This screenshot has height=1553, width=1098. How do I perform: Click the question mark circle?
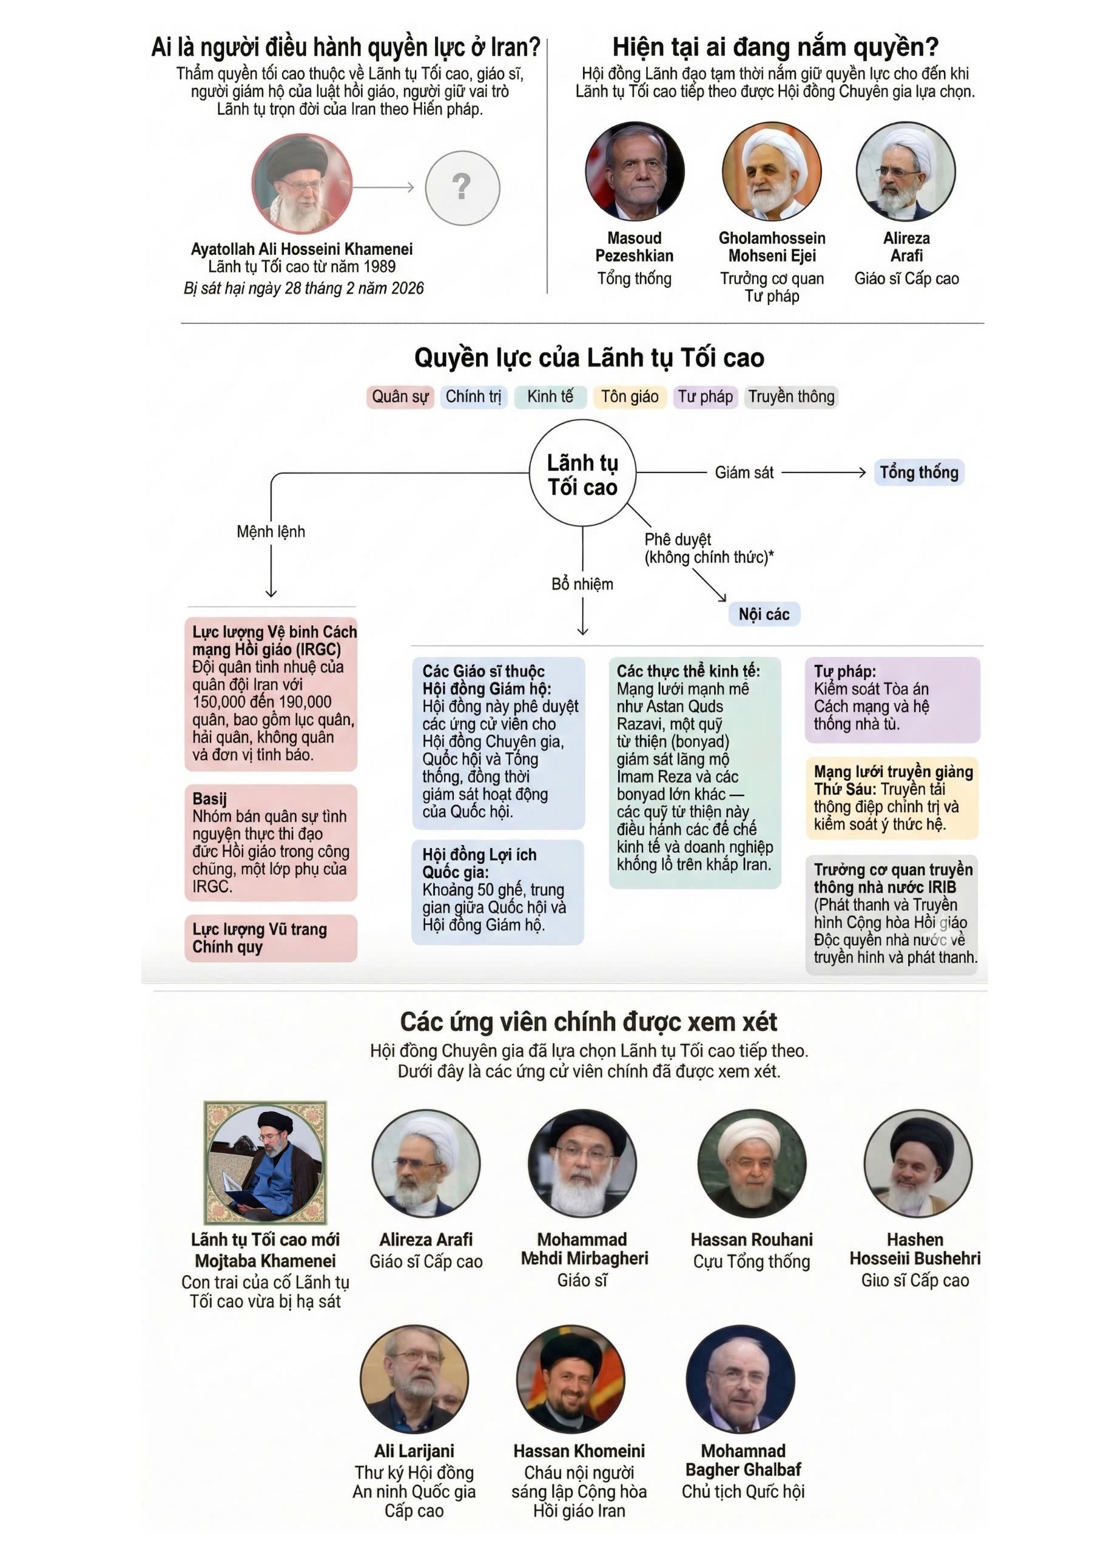pyautogui.click(x=462, y=187)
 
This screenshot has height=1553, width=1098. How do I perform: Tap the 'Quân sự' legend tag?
pyautogui.click(x=400, y=396)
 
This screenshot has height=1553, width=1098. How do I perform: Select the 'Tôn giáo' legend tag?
pyautogui.click(x=629, y=396)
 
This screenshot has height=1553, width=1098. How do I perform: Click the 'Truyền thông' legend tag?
pyautogui.click(x=791, y=396)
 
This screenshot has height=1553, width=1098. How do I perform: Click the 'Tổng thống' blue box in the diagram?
pyautogui.click(x=918, y=472)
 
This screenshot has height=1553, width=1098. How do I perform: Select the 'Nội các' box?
pyautogui.click(x=764, y=614)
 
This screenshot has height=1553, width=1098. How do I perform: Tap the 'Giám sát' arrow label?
pyautogui.click(x=744, y=472)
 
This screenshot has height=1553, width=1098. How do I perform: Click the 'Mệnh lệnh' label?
pyautogui.click(x=271, y=531)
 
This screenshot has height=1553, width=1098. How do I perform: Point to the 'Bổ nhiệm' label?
pyautogui.click(x=582, y=584)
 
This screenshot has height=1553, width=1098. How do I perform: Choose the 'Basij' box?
pyautogui.click(x=271, y=842)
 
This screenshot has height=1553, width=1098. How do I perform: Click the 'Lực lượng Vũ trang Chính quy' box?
pyautogui.click(x=271, y=938)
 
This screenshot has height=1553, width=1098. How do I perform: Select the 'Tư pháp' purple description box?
pyautogui.click(x=892, y=699)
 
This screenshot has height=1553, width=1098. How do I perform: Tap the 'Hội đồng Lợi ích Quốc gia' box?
pyautogui.click(x=497, y=891)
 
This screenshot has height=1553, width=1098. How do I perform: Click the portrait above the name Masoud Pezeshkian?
pyautogui.click(x=635, y=172)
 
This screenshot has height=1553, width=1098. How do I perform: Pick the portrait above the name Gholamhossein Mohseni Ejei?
pyautogui.click(x=771, y=172)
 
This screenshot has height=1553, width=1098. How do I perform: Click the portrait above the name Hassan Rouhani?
pyautogui.click(x=751, y=1163)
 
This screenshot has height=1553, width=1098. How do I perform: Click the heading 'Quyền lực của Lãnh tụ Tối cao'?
pyautogui.click(x=588, y=358)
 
